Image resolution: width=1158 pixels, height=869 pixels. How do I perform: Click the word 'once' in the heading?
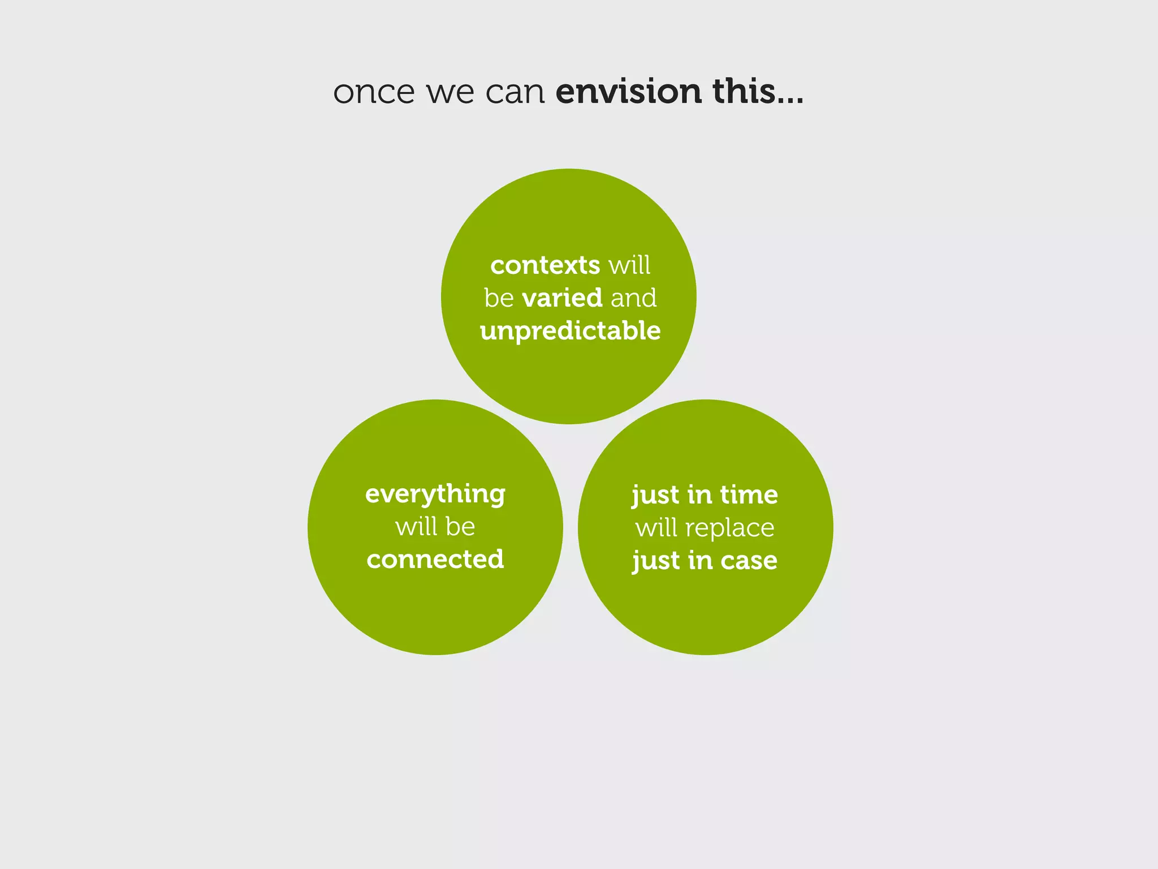tap(374, 92)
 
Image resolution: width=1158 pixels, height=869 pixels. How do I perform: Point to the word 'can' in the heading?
tap(515, 92)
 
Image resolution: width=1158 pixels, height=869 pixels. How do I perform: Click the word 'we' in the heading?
tap(450, 92)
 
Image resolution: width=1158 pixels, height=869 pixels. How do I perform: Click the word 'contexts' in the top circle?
tap(545, 265)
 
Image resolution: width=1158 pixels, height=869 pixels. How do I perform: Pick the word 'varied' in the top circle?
tap(562, 298)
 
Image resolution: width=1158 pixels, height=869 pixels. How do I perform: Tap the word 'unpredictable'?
tap(570, 331)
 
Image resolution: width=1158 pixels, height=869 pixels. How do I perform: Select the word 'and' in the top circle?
tap(634, 298)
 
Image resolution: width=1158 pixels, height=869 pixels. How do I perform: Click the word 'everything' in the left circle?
tap(435, 494)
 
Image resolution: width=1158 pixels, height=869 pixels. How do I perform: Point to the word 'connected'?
tap(435, 560)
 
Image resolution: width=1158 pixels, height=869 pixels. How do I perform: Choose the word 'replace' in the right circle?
tap(729, 528)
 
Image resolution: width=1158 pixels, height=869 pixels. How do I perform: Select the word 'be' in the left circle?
tap(460, 527)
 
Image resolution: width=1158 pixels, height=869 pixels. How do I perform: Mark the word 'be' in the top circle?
tap(499, 298)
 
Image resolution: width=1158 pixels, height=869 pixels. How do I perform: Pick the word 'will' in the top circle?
tap(629, 265)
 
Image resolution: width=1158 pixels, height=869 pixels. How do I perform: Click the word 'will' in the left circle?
tap(416, 527)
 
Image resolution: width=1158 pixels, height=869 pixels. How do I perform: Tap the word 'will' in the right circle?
tap(656, 528)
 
